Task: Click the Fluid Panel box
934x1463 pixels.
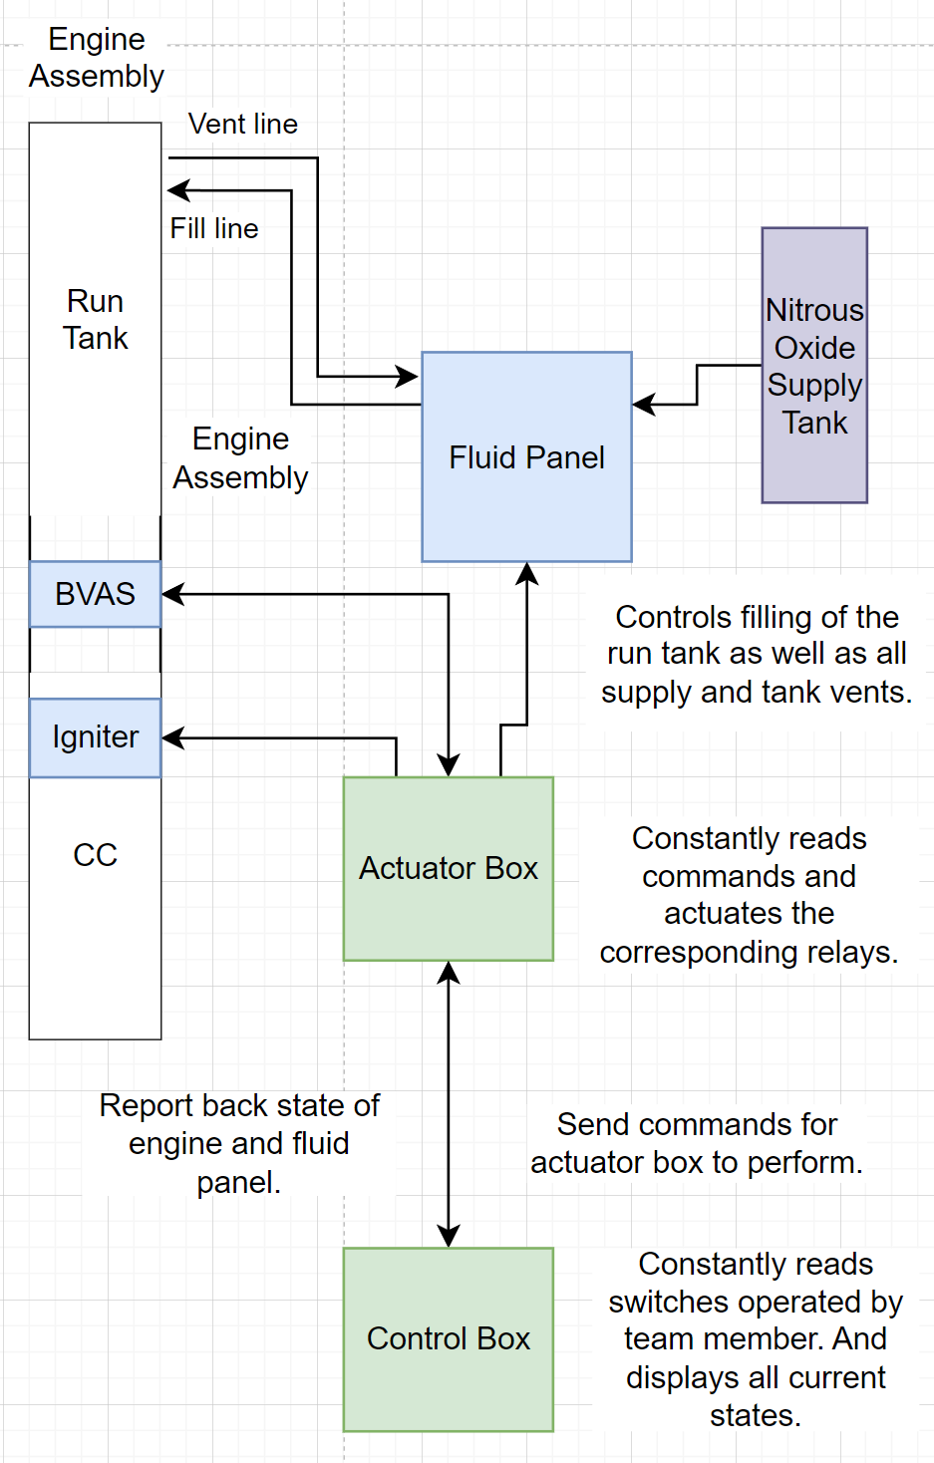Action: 526,456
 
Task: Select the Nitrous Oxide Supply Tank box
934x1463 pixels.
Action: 814,366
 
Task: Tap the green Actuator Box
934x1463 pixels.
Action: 448,868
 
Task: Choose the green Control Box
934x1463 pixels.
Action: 448,1338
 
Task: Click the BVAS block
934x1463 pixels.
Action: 95,594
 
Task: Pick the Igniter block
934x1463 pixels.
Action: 95,737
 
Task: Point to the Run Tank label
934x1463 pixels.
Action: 95,319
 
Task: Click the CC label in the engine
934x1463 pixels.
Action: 95,855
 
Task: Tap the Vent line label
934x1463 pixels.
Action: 242,124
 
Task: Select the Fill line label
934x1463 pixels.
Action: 213,228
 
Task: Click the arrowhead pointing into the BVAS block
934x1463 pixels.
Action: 172,594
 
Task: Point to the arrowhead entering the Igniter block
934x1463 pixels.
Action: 172,738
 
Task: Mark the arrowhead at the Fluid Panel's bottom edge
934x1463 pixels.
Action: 526,573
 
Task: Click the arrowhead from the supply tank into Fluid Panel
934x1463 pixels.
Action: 644,405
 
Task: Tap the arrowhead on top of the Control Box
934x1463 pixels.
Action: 449,1237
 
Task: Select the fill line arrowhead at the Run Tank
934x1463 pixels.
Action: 178,190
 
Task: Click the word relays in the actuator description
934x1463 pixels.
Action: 852,953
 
